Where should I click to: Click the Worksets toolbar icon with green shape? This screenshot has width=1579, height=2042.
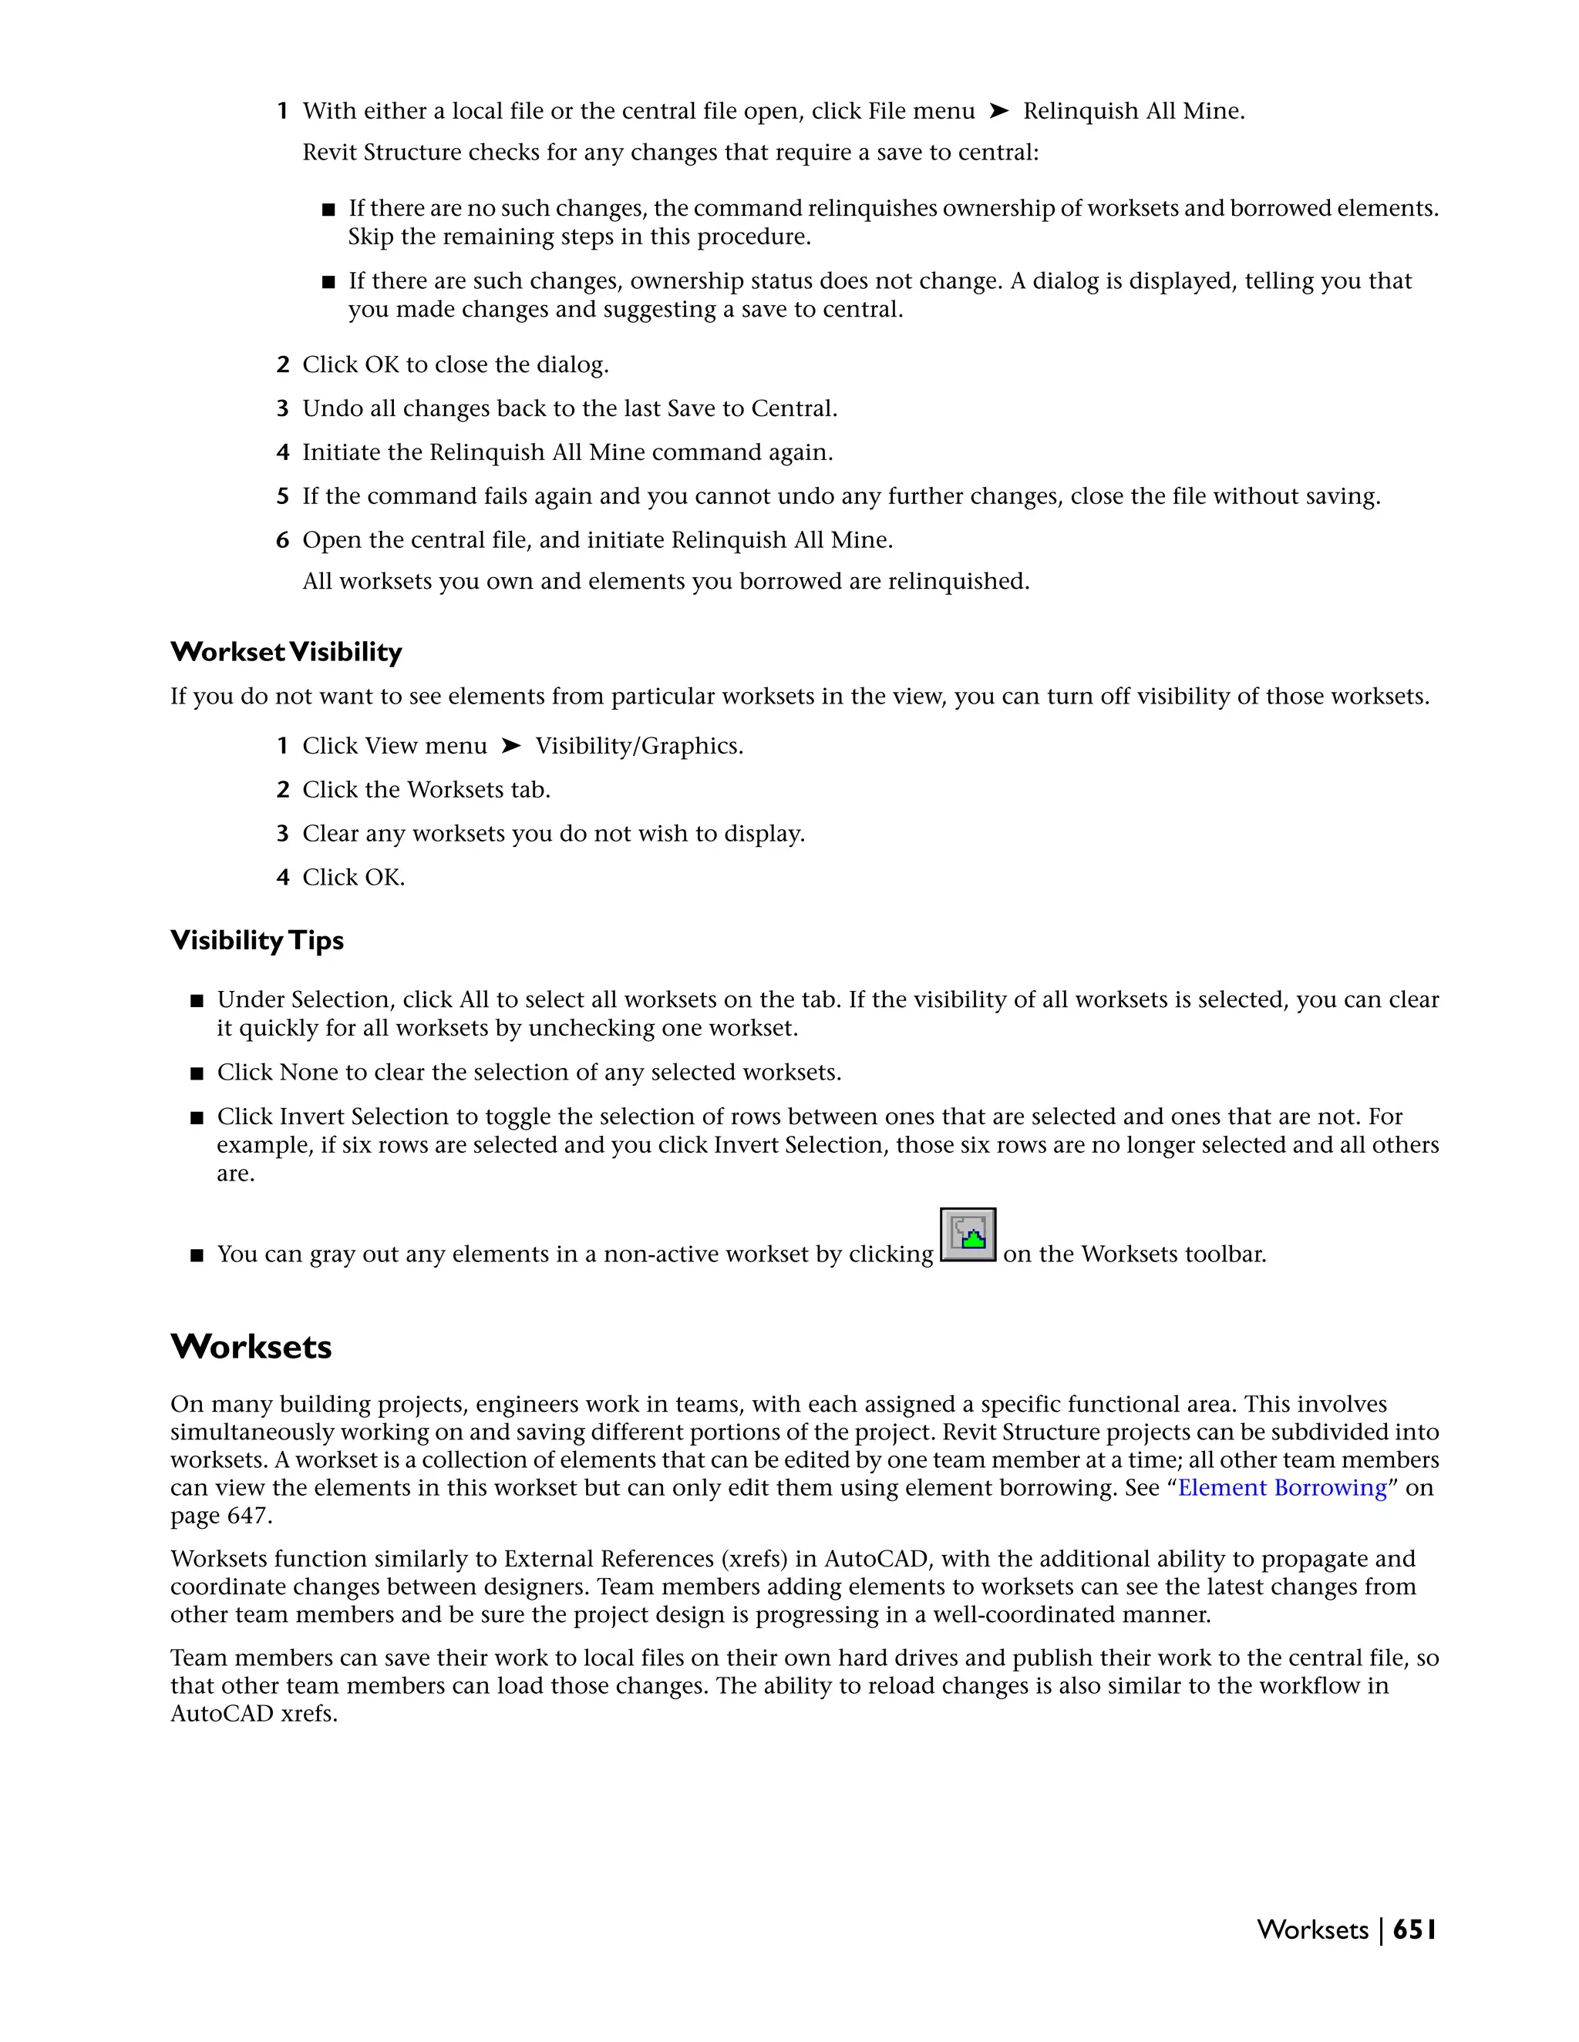coord(968,1235)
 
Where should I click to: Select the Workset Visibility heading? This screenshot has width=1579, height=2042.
coord(286,652)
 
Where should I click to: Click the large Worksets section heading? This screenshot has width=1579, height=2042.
coord(251,1346)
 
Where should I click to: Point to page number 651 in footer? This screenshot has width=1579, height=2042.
coord(1414,1929)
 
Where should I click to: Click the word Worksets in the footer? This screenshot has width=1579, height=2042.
coord(1312,1929)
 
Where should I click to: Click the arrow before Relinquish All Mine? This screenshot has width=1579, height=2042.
coord(999,111)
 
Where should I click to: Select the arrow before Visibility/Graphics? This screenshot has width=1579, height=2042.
coord(510,745)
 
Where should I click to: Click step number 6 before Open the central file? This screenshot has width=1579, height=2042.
coord(282,540)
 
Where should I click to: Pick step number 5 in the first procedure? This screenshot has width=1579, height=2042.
coord(282,496)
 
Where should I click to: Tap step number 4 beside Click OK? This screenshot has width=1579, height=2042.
coord(282,878)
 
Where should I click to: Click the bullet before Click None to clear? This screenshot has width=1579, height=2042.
coord(197,1073)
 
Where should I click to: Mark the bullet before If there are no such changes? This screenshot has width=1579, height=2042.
coord(328,210)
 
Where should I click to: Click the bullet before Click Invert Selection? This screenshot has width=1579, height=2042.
coord(197,1117)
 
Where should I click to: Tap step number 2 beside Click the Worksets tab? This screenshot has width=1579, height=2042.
coord(282,790)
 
